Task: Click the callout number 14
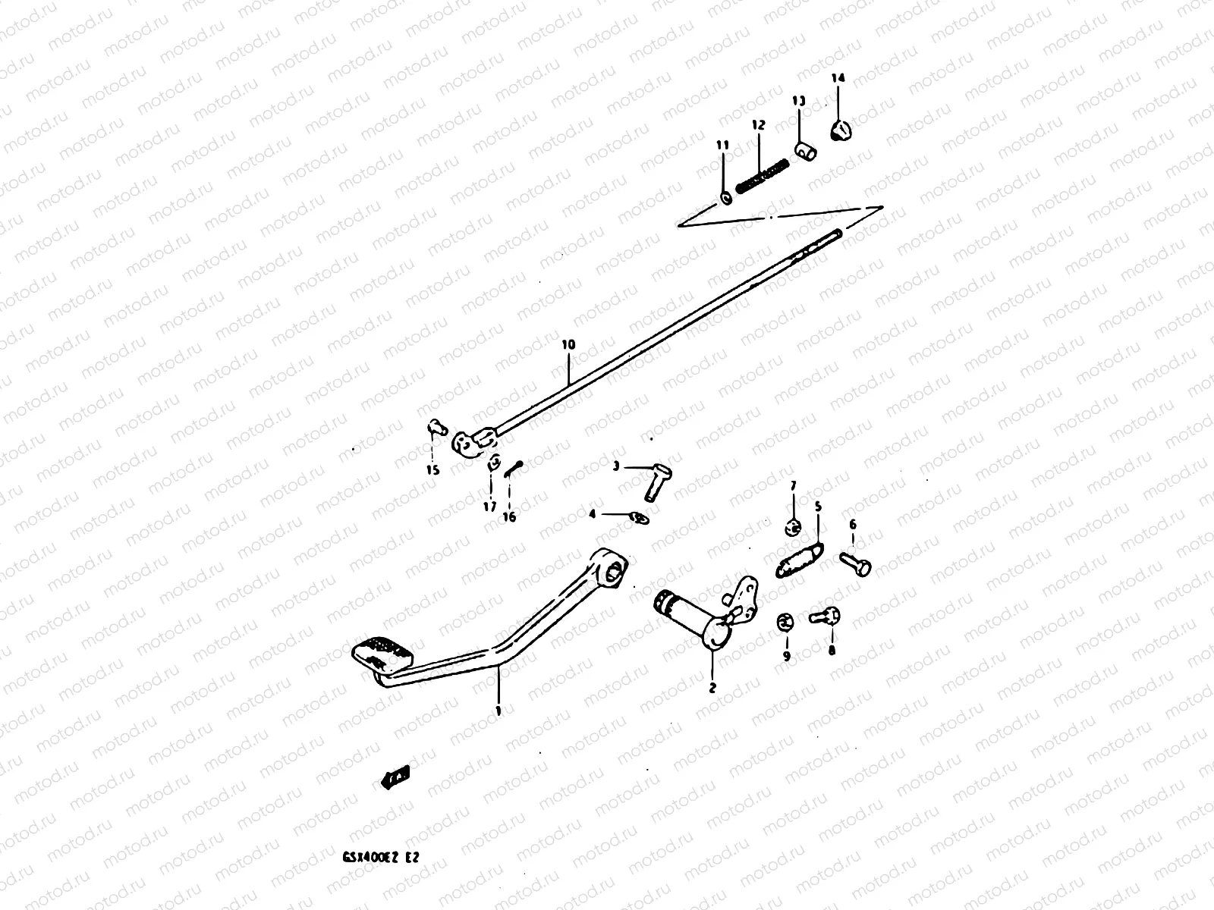837,78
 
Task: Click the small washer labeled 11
725,198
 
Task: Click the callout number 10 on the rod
568,345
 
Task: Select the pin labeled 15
434,428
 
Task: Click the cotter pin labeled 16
511,471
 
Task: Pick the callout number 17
489,506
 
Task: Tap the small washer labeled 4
637,517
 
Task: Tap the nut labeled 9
786,623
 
